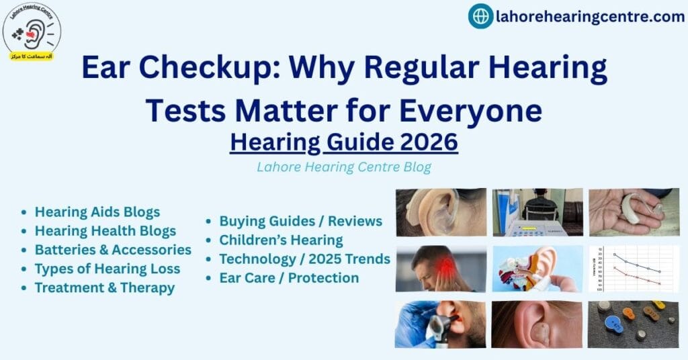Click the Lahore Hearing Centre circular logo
click(32, 31)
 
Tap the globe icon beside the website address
click(480, 16)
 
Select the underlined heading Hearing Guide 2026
click(343, 142)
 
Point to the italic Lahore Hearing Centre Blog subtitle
click(343, 167)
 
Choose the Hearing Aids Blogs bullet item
click(97, 212)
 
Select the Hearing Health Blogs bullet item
click(105, 231)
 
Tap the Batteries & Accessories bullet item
click(113, 250)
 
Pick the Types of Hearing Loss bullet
click(107, 269)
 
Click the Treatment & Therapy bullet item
click(105, 287)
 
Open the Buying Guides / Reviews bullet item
click(300, 221)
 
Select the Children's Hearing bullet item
click(281, 240)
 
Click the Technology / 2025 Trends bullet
click(304, 259)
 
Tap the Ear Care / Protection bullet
click(289, 277)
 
